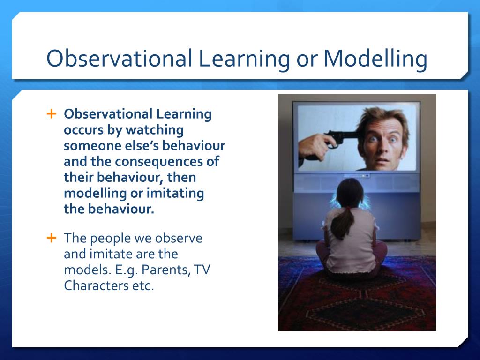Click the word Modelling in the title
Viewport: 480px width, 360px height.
[375, 58]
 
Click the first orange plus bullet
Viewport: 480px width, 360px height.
[52, 113]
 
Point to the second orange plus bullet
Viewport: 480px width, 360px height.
[52, 238]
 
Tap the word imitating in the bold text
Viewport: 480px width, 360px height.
[175, 194]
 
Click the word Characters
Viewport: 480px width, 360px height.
[96, 285]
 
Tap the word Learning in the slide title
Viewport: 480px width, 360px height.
[244, 59]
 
